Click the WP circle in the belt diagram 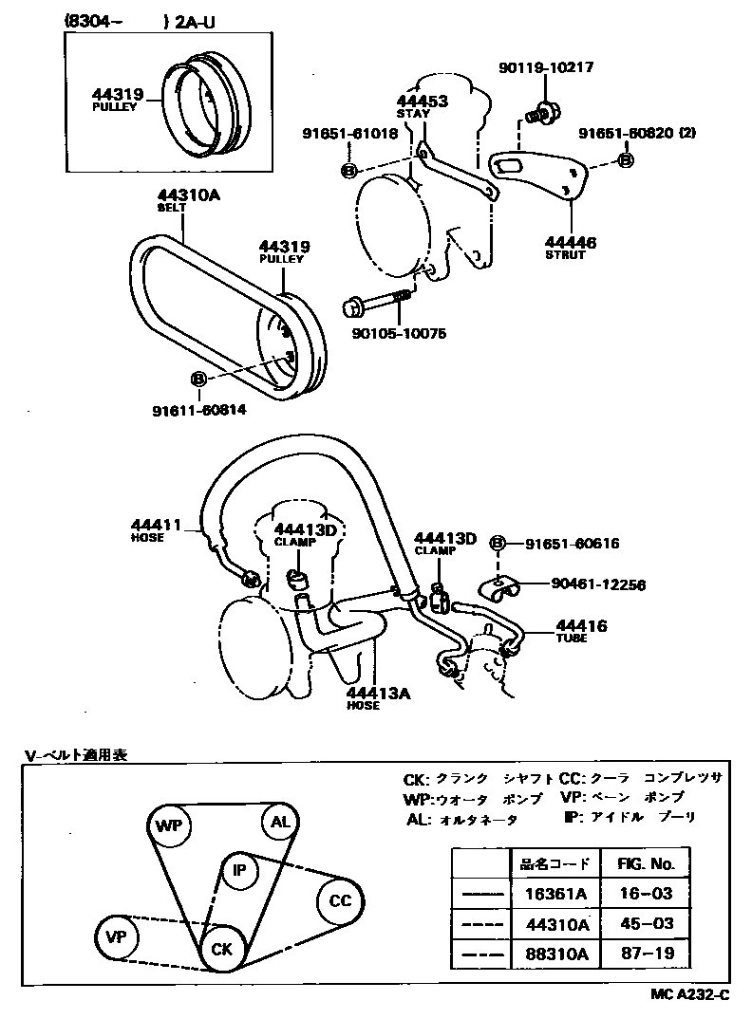coord(169,824)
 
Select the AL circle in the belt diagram coord(280,822)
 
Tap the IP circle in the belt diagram coord(239,869)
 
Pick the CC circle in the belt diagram coord(339,900)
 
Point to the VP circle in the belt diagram coord(117,937)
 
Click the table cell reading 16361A coord(556,893)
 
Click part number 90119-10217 coord(546,67)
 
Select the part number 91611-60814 coord(198,410)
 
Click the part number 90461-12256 coord(598,585)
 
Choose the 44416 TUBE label coord(581,631)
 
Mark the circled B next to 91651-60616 coord(497,544)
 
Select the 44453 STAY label coord(422,106)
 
